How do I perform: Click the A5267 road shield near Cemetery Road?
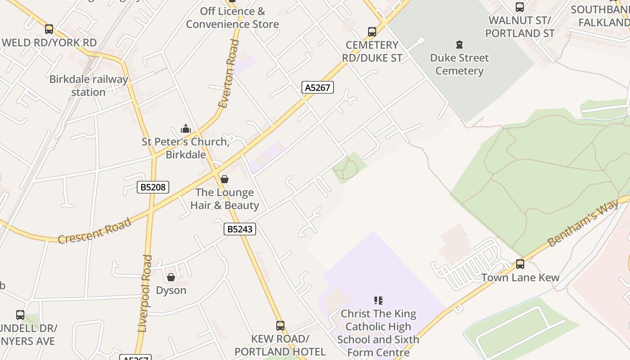tap(318, 87)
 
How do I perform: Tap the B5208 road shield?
tap(153, 187)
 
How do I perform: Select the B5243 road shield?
tap(240, 229)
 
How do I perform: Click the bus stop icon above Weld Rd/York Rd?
tap(49, 29)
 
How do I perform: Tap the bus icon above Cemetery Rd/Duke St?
tap(372, 32)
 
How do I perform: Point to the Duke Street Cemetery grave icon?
tap(459, 45)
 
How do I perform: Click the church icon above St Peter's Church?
tap(186, 129)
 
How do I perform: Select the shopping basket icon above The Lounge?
tap(225, 179)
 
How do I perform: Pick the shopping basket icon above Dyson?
tap(171, 277)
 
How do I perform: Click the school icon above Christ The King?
tap(378, 300)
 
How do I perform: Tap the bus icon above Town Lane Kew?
tap(520, 264)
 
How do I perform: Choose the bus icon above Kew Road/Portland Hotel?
tap(280, 325)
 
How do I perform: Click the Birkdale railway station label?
tap(88, 85)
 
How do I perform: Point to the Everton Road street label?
tap(229, 74)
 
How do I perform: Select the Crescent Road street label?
tap(94, 230)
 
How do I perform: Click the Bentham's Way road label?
tap(583, 224)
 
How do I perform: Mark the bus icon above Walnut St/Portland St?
tap(520, 7)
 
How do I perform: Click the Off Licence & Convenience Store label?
tap(232, 18)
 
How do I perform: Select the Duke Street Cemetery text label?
tap(459, 64)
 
